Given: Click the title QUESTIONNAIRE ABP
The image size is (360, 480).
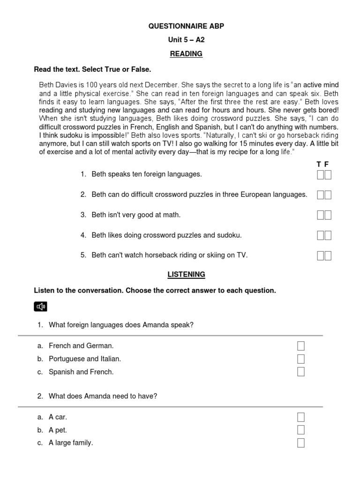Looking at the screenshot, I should [186, 26].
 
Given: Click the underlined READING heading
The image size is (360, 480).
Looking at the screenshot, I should [186, 54].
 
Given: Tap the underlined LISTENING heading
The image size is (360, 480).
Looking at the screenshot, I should [186, 274].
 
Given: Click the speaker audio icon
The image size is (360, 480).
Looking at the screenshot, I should [41, 307].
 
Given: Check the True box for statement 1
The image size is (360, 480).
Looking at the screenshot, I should [321, 174].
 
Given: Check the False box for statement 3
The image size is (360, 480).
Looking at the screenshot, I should [328, 215].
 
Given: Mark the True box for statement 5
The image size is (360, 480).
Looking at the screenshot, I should [321, 255].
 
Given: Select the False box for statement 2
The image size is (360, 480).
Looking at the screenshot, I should [328, 195].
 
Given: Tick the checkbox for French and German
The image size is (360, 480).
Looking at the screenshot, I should [301, 346].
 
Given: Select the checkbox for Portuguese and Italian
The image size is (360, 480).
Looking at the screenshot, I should [301, 359].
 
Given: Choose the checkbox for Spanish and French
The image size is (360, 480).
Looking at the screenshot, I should [301, 372].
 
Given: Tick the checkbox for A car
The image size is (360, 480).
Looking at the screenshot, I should [301, 417].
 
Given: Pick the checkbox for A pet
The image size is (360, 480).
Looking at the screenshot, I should [301, 430].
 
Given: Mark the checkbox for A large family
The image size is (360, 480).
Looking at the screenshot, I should [301, 443].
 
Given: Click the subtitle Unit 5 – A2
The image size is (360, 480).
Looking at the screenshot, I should [186, 40].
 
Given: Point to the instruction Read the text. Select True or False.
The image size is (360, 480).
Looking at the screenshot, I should [92, 69].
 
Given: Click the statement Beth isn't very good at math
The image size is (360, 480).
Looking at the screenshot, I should [136, 215].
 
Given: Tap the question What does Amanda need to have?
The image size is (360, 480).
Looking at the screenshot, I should [103, 396].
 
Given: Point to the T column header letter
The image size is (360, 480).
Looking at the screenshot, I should [319, 164].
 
